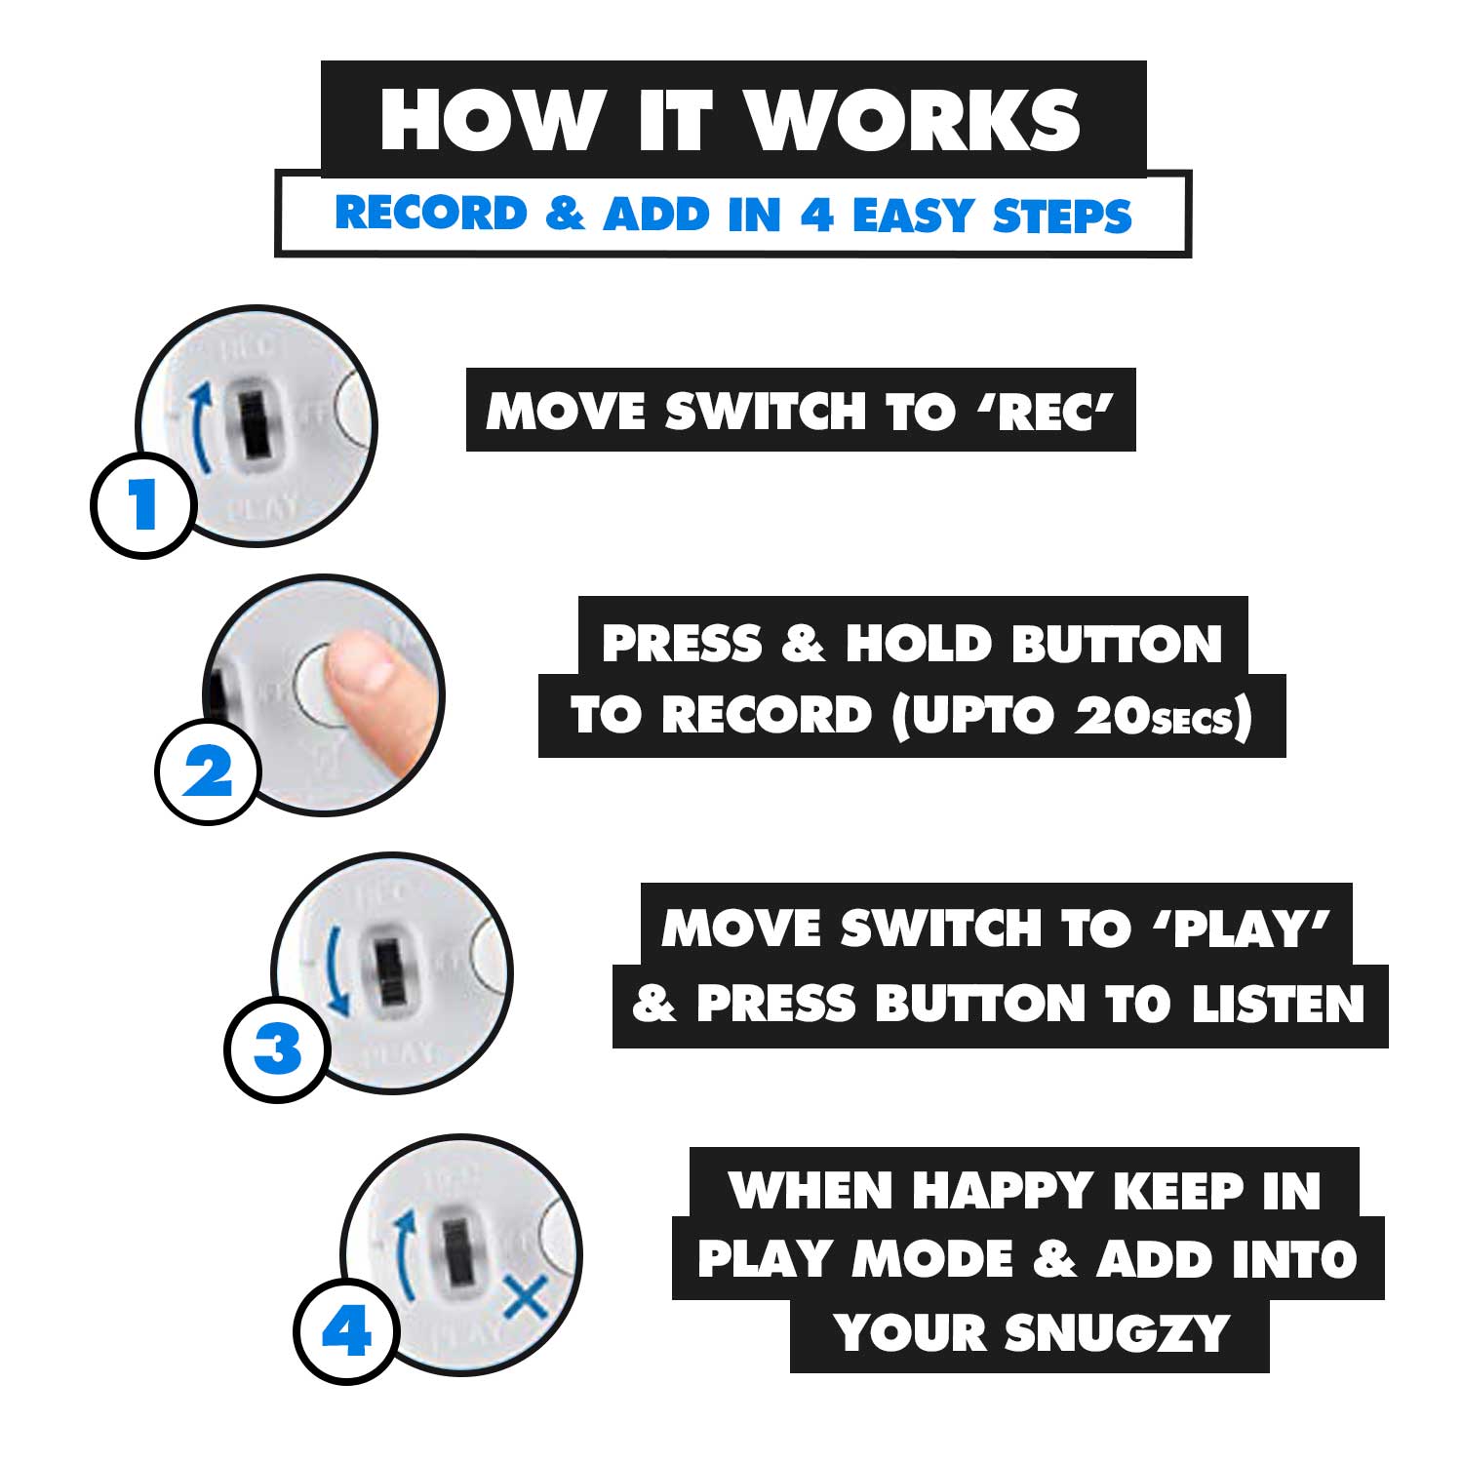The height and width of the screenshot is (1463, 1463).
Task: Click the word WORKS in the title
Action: click(914, 120)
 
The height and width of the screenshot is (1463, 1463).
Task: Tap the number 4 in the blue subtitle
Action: click(817, 215)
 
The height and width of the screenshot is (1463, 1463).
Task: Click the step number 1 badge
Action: click(144, 505)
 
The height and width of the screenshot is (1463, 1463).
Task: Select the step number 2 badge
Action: click(208, 772)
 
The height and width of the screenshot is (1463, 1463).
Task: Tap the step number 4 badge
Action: click(347, 1331)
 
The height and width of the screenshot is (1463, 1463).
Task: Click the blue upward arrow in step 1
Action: click(200, 427)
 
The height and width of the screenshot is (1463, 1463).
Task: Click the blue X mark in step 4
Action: click(524, 1297)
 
